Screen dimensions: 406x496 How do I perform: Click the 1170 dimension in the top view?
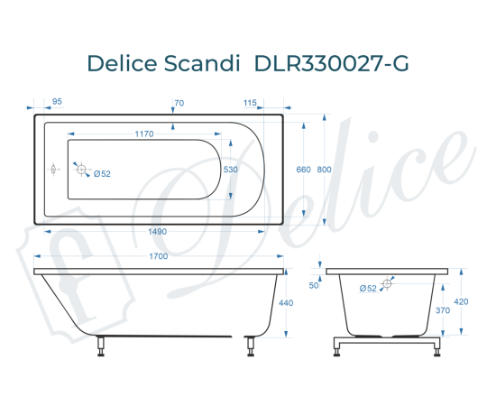click(x=144, y=134)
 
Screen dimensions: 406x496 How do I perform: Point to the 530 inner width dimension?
click(x=231, y=169)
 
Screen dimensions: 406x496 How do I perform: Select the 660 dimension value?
click(x=303, y=170)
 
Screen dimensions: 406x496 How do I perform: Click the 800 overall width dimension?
click(x=324, y=170)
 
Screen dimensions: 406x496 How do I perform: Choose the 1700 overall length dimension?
click(x=159, y=257)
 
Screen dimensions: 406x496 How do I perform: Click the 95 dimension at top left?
click(x=57, y=102)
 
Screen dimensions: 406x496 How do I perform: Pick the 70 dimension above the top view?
click(x=179, y=102)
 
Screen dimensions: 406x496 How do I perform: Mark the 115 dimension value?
click(x=250, y=102)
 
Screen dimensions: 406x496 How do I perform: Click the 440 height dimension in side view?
click(x=287, y=304)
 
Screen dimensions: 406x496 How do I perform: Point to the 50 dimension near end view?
click(x=314, y=285)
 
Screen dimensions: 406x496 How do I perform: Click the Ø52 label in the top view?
click(x=102, y=174)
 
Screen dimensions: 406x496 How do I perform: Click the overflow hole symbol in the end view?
click(x=388, y=284)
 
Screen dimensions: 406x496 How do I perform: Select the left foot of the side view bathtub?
click(x=102, y=344)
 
